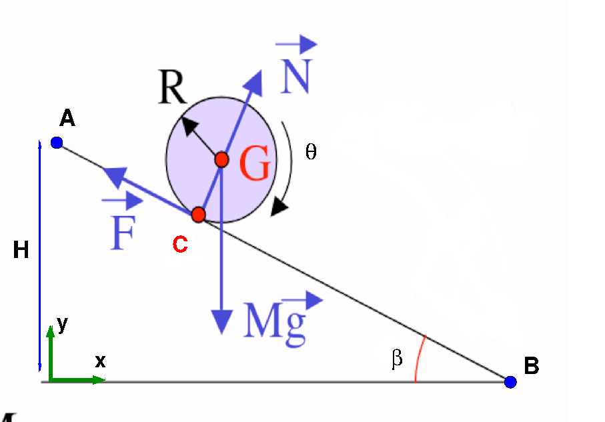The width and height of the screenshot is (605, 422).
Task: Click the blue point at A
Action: (57, 143)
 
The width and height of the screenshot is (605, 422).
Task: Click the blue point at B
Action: (510, 382)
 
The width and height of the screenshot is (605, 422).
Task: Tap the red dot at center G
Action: (222, 160)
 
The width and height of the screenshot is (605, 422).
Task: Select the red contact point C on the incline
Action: (198, 215)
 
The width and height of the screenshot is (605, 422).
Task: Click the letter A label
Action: (67, 119)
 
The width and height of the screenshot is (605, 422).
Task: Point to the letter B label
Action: (531, 366)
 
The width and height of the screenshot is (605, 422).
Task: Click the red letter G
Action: (255, 164)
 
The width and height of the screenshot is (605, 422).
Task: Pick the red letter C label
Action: (179, 245)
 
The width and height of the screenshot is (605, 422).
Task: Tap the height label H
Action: (21, 251)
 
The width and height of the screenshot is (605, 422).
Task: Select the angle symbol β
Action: (398, 360)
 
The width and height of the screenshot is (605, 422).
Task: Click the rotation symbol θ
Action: (310, 152)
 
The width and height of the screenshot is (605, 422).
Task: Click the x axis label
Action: (100, 361)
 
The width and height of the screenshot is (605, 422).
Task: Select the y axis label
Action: (62, 324)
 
